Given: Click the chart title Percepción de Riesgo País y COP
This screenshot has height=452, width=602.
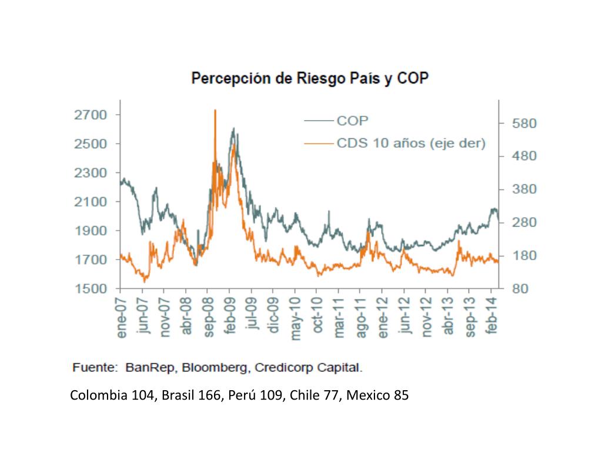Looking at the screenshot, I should pos(310,78).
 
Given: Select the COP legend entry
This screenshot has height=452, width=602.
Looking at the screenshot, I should pos(353,121).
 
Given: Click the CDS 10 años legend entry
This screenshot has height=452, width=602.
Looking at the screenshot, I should pos(410,143).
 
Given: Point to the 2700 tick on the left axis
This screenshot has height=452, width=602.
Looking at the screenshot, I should pos(91,115).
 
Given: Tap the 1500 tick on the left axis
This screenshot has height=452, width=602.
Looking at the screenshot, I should pos(91,288).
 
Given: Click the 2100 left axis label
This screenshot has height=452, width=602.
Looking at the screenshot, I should pos(91,202).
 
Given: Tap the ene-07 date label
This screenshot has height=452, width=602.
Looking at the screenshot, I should pos(122,318).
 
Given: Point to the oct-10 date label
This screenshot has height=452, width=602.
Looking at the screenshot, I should pos(317,318).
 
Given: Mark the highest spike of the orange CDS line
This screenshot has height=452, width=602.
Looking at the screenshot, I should pos(215,111).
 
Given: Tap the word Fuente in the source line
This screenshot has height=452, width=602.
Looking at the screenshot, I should pos(94,368).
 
